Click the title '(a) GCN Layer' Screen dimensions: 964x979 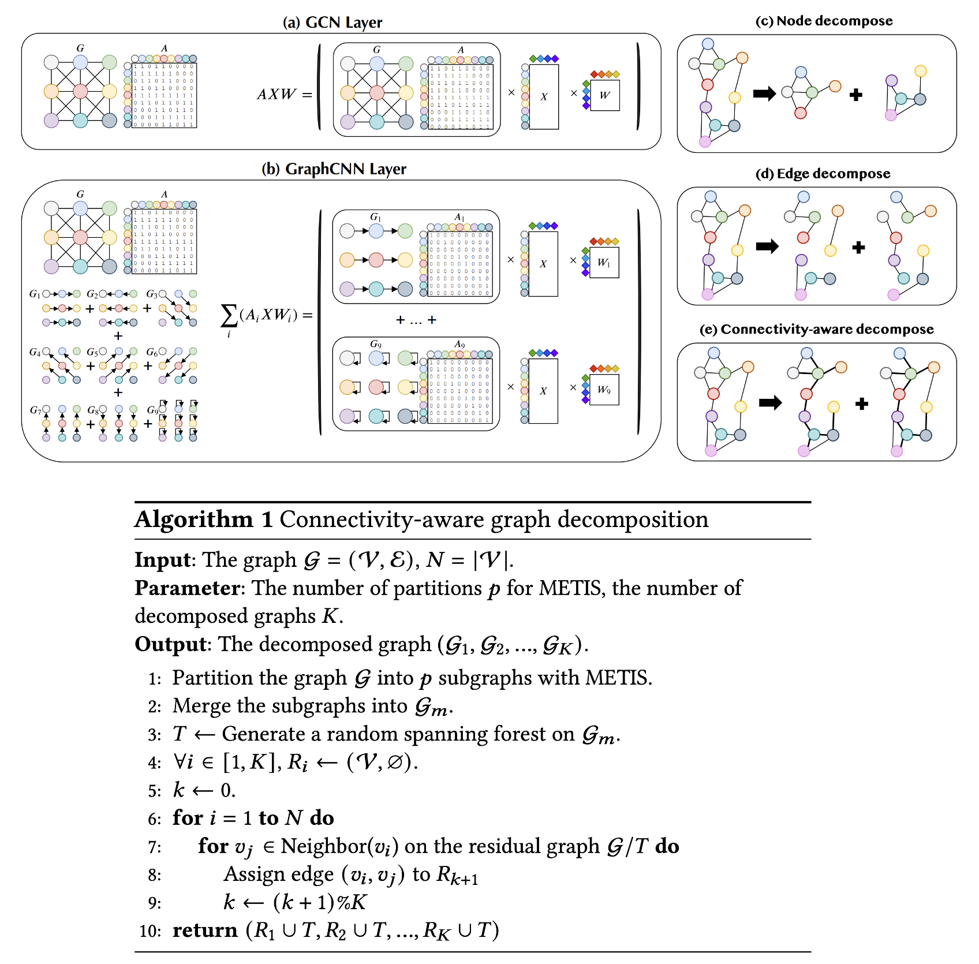point(332,23)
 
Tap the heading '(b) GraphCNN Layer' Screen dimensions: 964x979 point(334,169)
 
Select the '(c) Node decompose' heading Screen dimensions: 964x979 point(824,21)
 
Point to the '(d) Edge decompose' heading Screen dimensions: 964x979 point(823,174)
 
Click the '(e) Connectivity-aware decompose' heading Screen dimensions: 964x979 point(816,329)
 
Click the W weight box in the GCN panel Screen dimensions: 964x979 point(604,95)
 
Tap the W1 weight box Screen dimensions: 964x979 point(604,263)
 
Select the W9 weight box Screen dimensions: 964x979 point(604,390)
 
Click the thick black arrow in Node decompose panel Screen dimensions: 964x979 point(764,94)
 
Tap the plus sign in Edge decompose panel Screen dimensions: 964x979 point(858,248)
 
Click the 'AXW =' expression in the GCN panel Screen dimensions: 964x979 point(284,94)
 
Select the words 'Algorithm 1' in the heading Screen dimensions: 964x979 point(204,520)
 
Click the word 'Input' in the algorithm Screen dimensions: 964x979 point(162,560)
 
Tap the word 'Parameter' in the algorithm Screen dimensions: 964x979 point(188,588)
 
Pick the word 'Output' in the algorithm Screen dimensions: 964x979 point(171,644)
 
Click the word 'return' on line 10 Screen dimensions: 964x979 point(205,931)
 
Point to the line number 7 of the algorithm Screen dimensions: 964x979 point(154,847)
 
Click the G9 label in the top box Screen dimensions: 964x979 point(375,344)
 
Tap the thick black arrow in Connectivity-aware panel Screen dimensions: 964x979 point(770,403)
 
